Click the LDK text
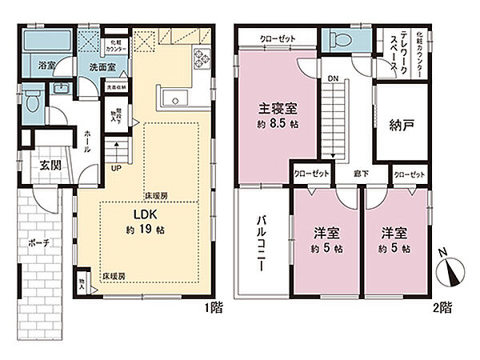coord(133,215)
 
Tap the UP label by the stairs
coord(115,169)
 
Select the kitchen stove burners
coord(200,57)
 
